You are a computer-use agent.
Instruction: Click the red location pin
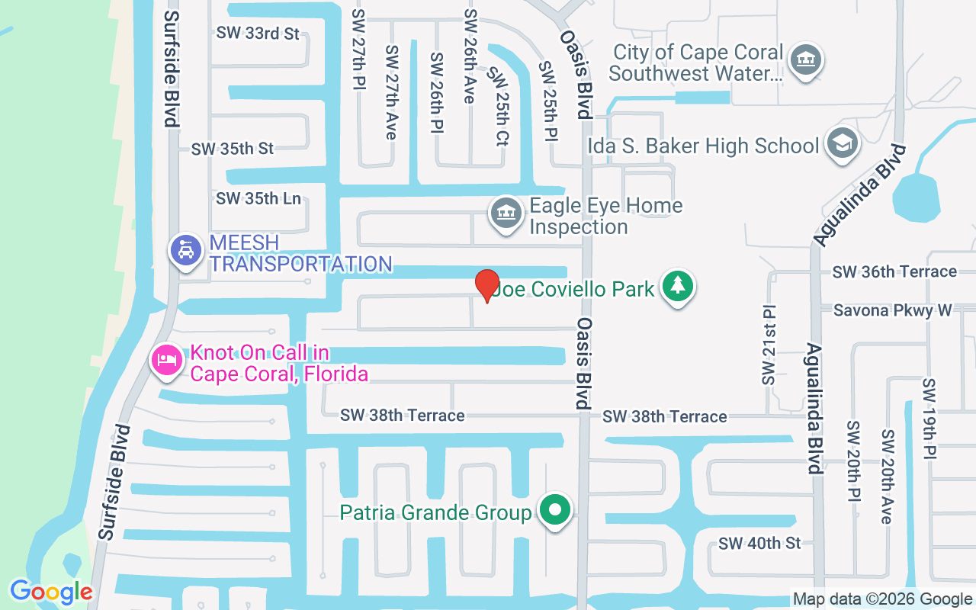(x=487, y=285)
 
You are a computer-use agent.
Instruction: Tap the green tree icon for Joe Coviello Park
(x=676, y=287)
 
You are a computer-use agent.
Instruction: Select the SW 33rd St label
(x=258, y=34)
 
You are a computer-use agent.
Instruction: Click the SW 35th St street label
(x=233, y=149)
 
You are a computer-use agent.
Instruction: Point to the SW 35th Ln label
(x=258, y=199)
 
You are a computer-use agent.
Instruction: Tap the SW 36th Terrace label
(x=894, y=271)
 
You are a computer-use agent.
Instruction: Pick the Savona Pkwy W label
(x=892, y=310)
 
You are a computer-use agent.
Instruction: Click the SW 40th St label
(x=759, y=543)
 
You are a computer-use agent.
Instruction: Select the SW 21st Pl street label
(x=768, y=345)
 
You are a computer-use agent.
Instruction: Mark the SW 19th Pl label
(x=929, y=418)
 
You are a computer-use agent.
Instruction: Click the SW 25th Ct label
(x=500, y=106)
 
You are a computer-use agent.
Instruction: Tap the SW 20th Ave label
(x=887, y=477)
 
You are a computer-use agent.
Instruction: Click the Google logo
(x=51, y=592)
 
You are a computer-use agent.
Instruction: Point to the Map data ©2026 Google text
(x=881, y=599)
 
